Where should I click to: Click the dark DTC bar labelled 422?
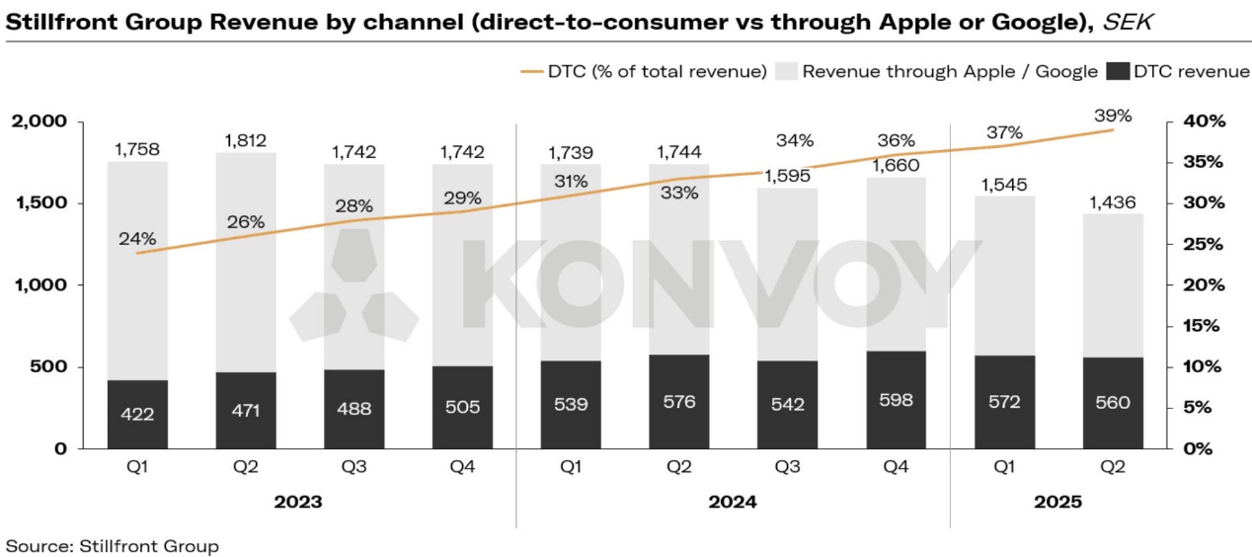(137, 414)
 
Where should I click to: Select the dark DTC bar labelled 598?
(897, 400)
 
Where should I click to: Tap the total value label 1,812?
(245, 140)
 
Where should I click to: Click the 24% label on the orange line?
(137, 238)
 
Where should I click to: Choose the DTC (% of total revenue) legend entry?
(643, 71)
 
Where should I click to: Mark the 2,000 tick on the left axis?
(39, 121)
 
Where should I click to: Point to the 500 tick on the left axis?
(49, 367)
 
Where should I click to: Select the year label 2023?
(299, 502)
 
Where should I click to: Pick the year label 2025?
(1057, 502)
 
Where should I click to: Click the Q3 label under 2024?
(788, 468)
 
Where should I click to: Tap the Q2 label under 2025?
(1113, 468)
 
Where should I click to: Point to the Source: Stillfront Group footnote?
(113, 545)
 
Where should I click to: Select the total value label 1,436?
(1113, 202)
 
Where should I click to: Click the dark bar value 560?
(1113, 403)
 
